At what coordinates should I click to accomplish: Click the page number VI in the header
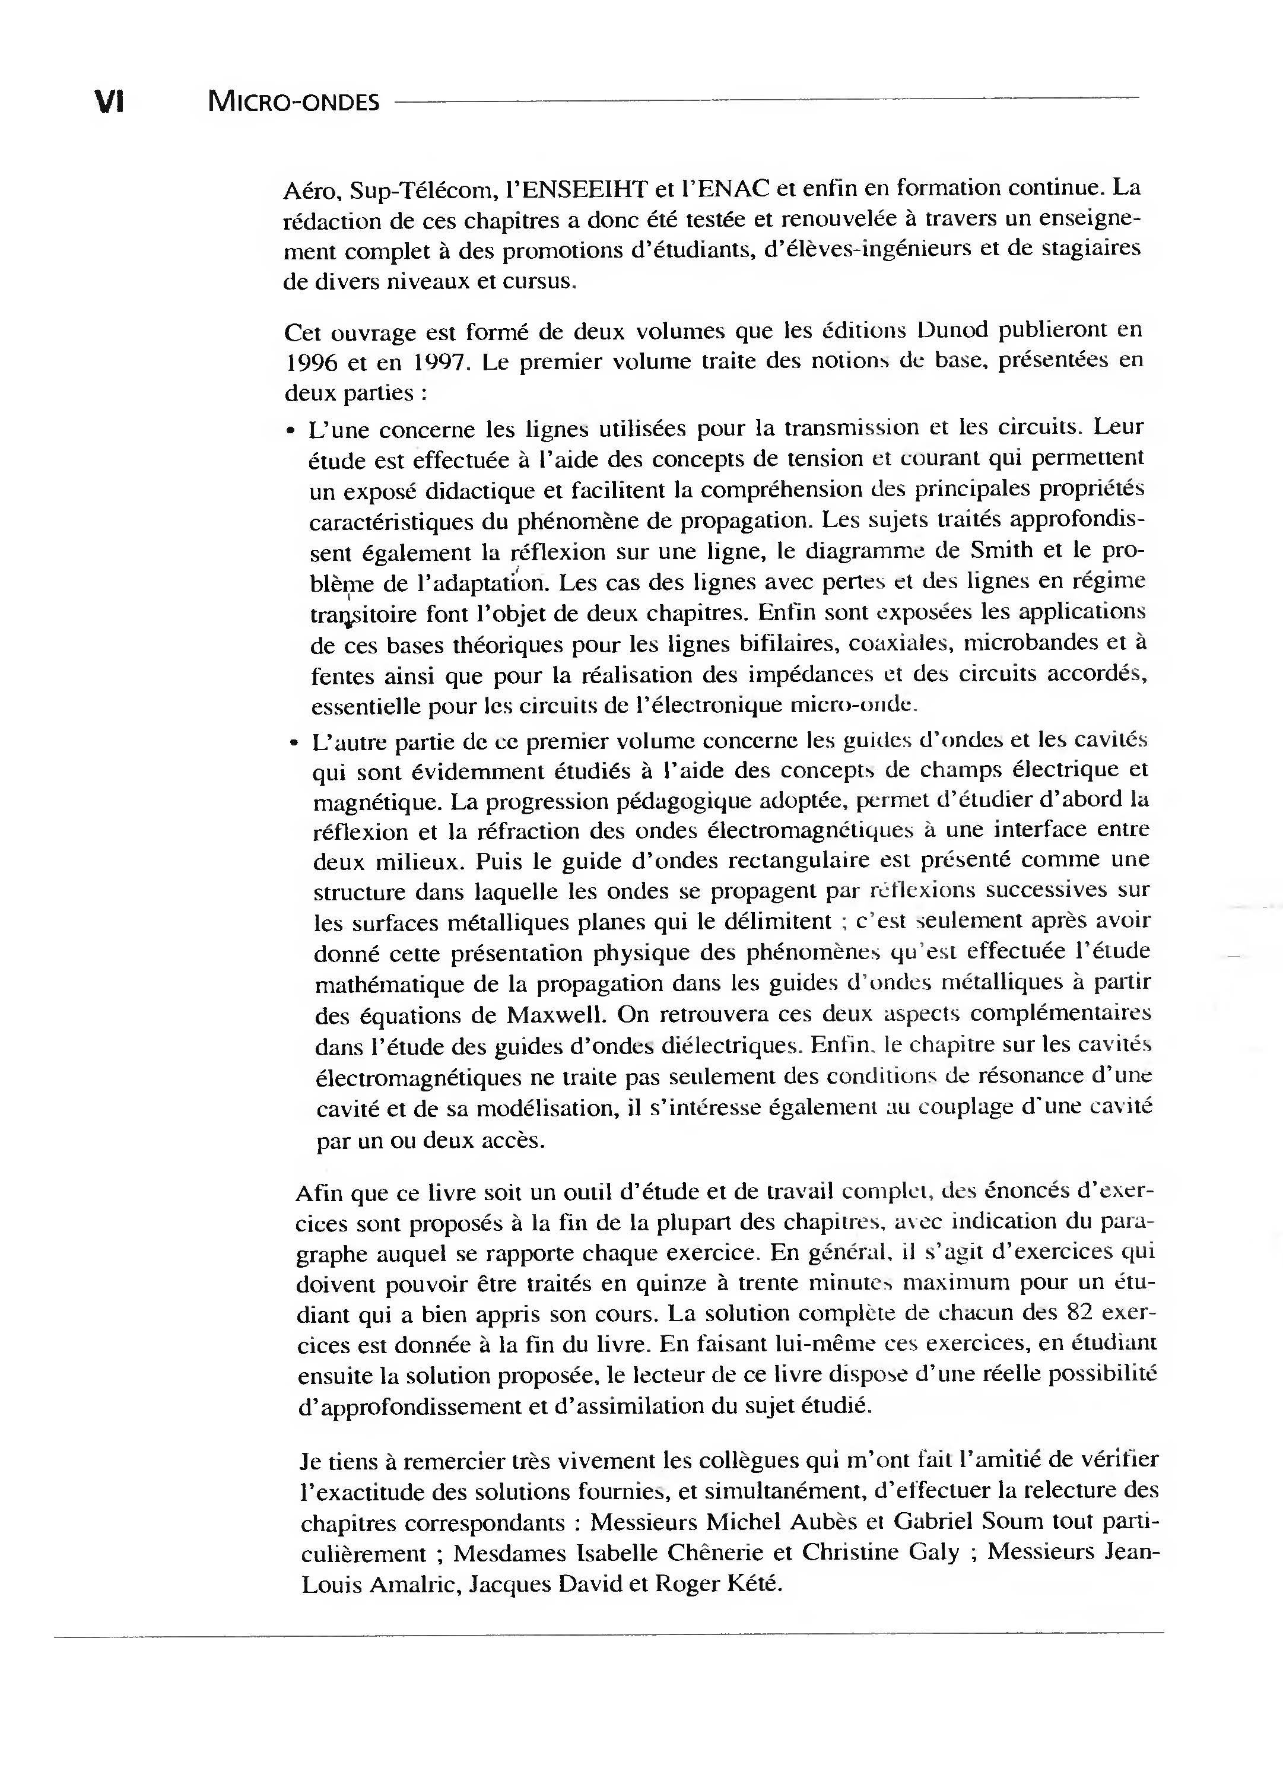tap(109, 102)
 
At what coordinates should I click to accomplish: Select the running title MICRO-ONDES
tap(293, 102)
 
